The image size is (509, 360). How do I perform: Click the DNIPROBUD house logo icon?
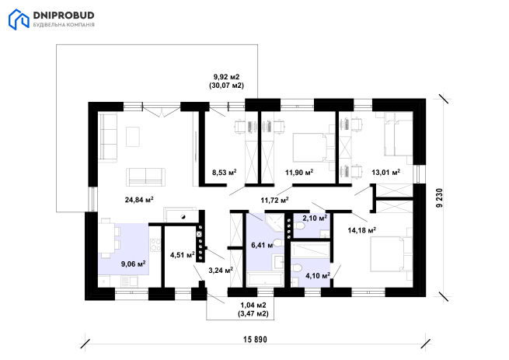(19, 19)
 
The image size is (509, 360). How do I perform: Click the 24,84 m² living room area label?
(139, 199)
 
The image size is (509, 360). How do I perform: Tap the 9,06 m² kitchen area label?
(134, 264)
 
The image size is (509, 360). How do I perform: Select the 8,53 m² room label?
(225, 172)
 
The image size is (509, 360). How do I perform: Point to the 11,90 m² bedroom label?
(299, 172)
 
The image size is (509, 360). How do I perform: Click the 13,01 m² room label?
(386, 172)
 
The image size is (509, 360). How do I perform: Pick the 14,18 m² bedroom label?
(362, 230)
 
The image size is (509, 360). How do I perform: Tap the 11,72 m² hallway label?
(275, 200)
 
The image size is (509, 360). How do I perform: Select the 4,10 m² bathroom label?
(318, 275)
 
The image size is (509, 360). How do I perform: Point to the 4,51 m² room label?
(183, 255)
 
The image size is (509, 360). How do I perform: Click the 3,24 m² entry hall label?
(221, 270)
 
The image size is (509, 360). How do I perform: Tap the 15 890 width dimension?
(255, 340)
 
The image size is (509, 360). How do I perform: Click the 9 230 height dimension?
(439, 197)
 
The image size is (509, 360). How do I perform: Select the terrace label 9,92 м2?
(226, 77)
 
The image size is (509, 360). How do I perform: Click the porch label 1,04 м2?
(253, 305)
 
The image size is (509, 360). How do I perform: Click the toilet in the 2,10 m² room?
(299, 225)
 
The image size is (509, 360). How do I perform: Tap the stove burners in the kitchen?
(156, 245)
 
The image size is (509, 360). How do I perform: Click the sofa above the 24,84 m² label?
(145, 177)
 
